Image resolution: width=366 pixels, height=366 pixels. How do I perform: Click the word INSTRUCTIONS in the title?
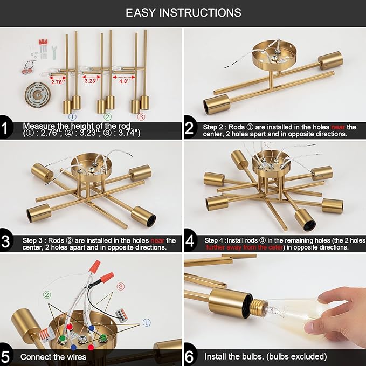(201, 12)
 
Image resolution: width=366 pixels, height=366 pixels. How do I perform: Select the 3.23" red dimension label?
(92, 81)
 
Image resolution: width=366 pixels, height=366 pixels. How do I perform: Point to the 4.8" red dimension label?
(125, 81)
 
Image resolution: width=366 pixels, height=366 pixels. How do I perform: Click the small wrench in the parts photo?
(54, 52)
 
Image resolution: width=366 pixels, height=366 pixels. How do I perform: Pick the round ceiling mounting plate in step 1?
(38, 94)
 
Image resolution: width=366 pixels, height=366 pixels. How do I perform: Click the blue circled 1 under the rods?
(72, 117)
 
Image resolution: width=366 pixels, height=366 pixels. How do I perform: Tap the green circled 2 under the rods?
(107, 117)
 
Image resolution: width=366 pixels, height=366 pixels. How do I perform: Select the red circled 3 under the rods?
(141, 117)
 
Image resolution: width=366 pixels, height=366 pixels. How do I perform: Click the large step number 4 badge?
(190, 241)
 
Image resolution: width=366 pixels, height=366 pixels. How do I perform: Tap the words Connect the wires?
(53, 357)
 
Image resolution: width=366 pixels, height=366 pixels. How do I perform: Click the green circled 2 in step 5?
(47, 295)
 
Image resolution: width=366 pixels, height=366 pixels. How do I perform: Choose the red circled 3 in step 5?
(120, 286)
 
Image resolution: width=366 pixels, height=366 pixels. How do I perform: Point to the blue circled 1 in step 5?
(147, 323)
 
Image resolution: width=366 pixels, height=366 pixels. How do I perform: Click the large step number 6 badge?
(189, 357)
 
